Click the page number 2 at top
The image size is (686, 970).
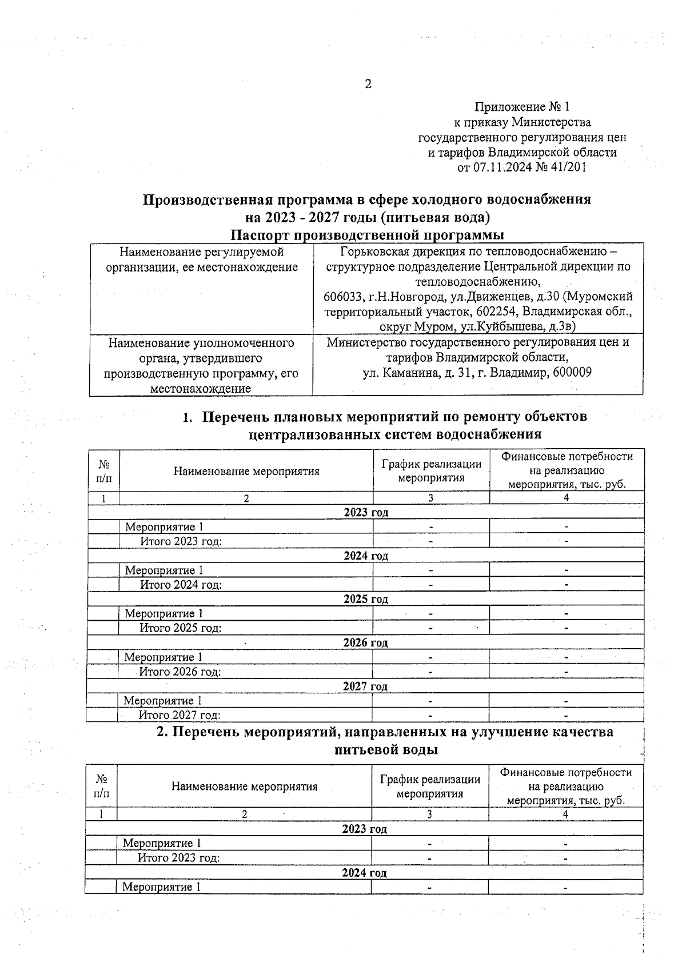pyautogui.click(x=368, y=85)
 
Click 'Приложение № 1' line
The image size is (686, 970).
pyautogui.click(x=522, y=107)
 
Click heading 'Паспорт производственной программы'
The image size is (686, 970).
pyautogui.click(x=367, y=235)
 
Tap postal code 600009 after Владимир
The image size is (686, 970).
pyautogui.click(x=572, y=372)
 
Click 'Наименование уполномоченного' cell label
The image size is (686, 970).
pyautogui.click(x=201, y=343)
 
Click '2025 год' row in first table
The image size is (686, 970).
pyautogui.click(x=366, y=599)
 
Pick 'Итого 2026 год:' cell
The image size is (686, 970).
pyautogui.click(x=180, y=672)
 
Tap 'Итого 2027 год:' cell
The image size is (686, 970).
pyautogui.click(x=180, y=715)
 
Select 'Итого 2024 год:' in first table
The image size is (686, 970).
pyautogui.click(x=181, y=585)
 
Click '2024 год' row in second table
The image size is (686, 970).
pyautogui.click(x=364, y=873)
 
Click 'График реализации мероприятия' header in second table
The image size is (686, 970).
pyautogui.click(x=429, y=787)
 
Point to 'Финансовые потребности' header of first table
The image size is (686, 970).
pyautogui.click(x=567, y=457)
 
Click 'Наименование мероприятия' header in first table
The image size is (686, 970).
pyautogui.click(x=246, y=472)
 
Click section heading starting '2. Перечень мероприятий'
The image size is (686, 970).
pyautogui.click(x=385, y=732)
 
